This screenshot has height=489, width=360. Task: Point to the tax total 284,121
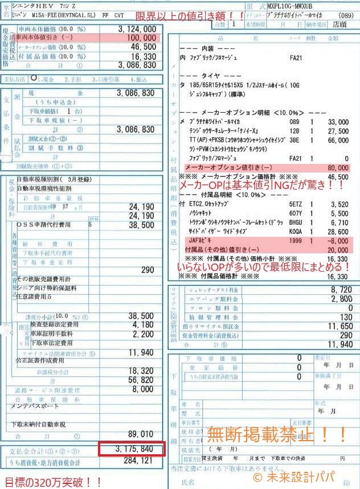click(x=138, y=461)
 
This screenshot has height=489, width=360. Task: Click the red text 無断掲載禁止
click(x=277, y=435)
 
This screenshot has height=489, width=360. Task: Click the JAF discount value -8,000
click(x=340, y=241)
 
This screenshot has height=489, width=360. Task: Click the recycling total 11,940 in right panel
click(x=341, y=343)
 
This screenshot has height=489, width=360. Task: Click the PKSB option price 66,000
click(x=340, y=139)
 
